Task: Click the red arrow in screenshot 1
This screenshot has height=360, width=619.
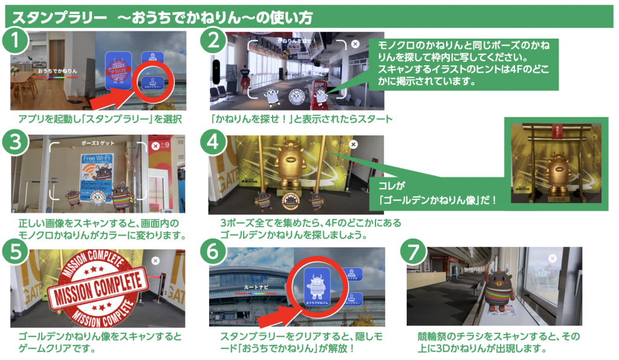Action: tap(121, 94)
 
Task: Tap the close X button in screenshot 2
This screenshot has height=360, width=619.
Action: tap(355, 44)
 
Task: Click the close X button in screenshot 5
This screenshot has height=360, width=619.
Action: tap(155, 260)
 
